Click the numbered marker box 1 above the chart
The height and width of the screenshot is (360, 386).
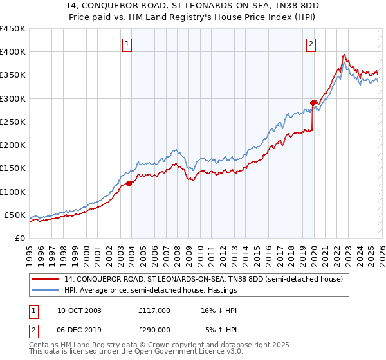pyautogui.click(x=127, y=44)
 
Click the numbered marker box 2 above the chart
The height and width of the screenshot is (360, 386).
pyautogui.click(x=311, y=44)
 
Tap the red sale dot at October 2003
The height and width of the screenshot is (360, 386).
pyautogui.click(x=129, y=183)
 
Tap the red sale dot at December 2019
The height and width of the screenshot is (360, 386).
pyautogui.click(x=313, y=103)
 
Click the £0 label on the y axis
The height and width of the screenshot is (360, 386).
pyautogui.click(x=19, y=238)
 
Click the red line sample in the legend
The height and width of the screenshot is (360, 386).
pyautogui.click(x=46, y=279)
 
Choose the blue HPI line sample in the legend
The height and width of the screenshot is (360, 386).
pyautogui.click(x=46, y=291)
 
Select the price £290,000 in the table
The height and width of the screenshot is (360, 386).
pyautogui.click(x=154, y=330)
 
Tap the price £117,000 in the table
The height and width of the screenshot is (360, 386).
pyautogui.click(x=154, y=310)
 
